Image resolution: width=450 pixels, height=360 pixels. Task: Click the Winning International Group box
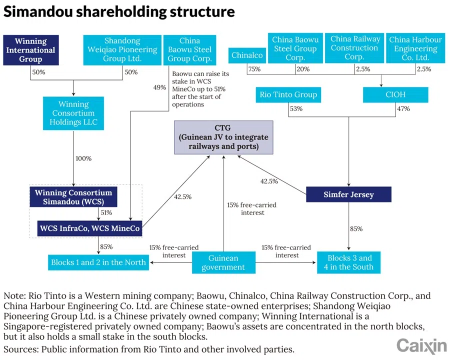coord(30,50)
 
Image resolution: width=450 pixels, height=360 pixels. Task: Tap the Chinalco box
coord(247,55)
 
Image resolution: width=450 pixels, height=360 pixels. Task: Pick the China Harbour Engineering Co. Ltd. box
coord(415,48)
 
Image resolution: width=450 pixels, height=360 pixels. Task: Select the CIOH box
coord(395,94)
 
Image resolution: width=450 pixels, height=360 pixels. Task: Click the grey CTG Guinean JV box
coord(223,137)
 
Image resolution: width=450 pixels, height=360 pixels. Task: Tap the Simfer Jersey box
coord(348,194)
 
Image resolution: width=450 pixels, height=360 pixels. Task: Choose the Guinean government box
coord(223,262)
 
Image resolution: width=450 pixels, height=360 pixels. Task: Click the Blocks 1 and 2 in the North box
coord(98,262)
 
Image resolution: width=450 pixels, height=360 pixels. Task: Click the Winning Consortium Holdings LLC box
coord(73,113)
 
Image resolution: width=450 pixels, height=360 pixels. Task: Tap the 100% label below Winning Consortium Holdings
coord(83,158)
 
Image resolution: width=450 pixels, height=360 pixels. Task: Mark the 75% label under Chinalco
coord(254,69)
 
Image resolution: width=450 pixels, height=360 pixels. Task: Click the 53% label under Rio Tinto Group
coord(296,108)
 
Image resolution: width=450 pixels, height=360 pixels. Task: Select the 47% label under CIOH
coord(403,108)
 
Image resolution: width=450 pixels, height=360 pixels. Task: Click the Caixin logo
coord(421,345)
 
